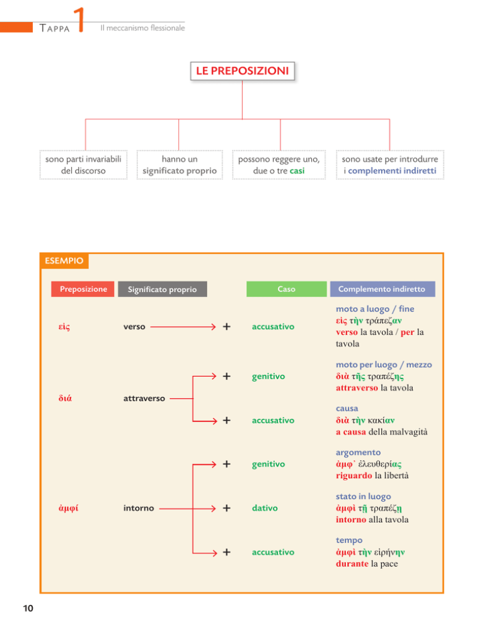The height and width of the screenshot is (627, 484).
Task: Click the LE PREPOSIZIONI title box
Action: tap(242, 71)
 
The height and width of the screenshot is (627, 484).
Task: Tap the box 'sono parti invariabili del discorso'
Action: tap(83, 165)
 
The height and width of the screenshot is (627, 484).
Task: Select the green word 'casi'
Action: tap(297, 171)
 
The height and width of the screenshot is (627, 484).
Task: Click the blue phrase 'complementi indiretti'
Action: tap(392, 171)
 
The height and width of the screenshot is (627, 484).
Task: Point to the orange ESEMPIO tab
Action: tap(64, 261)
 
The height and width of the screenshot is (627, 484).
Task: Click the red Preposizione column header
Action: tap(83, 289)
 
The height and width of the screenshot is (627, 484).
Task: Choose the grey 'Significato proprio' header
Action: tap(162, 289)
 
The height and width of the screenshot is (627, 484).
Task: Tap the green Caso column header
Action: tap(286, 289)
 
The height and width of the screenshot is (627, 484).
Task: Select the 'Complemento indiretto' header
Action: tap(382, 289)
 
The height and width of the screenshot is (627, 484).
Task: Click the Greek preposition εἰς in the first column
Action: tap(64, 327)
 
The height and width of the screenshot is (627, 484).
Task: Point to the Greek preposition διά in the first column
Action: tap(65, 398)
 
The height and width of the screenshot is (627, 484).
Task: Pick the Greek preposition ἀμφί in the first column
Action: tap(68, 508)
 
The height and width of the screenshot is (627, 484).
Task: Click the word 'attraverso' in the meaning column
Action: tap(144, 398)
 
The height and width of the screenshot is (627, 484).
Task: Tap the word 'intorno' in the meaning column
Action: tap(138, 508)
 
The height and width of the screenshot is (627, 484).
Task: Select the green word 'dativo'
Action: tap(265, 508)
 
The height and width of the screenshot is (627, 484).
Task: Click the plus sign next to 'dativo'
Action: tap(227, 508)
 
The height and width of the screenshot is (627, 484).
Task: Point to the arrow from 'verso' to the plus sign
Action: tap(183, 327)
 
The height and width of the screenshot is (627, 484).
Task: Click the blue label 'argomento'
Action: tap(358, 453)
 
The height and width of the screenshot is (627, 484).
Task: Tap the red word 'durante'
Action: tap(352, 564)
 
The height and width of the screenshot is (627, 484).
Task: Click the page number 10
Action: tap(28, 608)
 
